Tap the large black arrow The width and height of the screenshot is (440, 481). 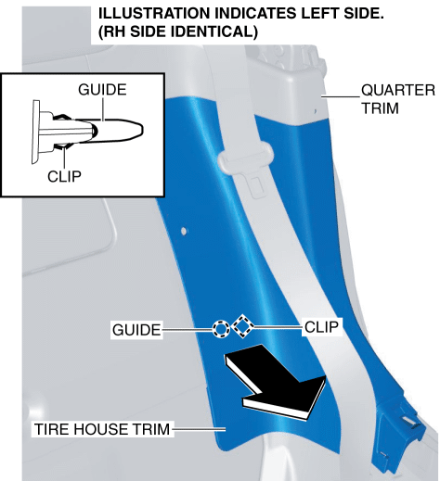click(276, 382)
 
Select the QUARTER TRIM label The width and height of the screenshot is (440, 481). click(398, 99)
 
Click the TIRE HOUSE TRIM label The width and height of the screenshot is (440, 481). click(102, 429)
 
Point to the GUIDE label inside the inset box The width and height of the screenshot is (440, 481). click(102, 90)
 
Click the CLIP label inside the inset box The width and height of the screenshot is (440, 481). click(64, 176)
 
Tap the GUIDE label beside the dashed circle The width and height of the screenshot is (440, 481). click(136, 330)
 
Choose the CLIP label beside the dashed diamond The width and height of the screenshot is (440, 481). click(321, 327)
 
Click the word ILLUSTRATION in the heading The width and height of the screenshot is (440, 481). click(154, 14)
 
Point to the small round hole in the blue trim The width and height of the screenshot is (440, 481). click(184, 231)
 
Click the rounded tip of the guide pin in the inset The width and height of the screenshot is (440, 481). click(141, 129)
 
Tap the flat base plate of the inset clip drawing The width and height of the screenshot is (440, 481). click(35, 132)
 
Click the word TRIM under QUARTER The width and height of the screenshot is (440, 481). click(381, 108)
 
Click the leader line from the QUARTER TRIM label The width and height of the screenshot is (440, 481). click(341, 96)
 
